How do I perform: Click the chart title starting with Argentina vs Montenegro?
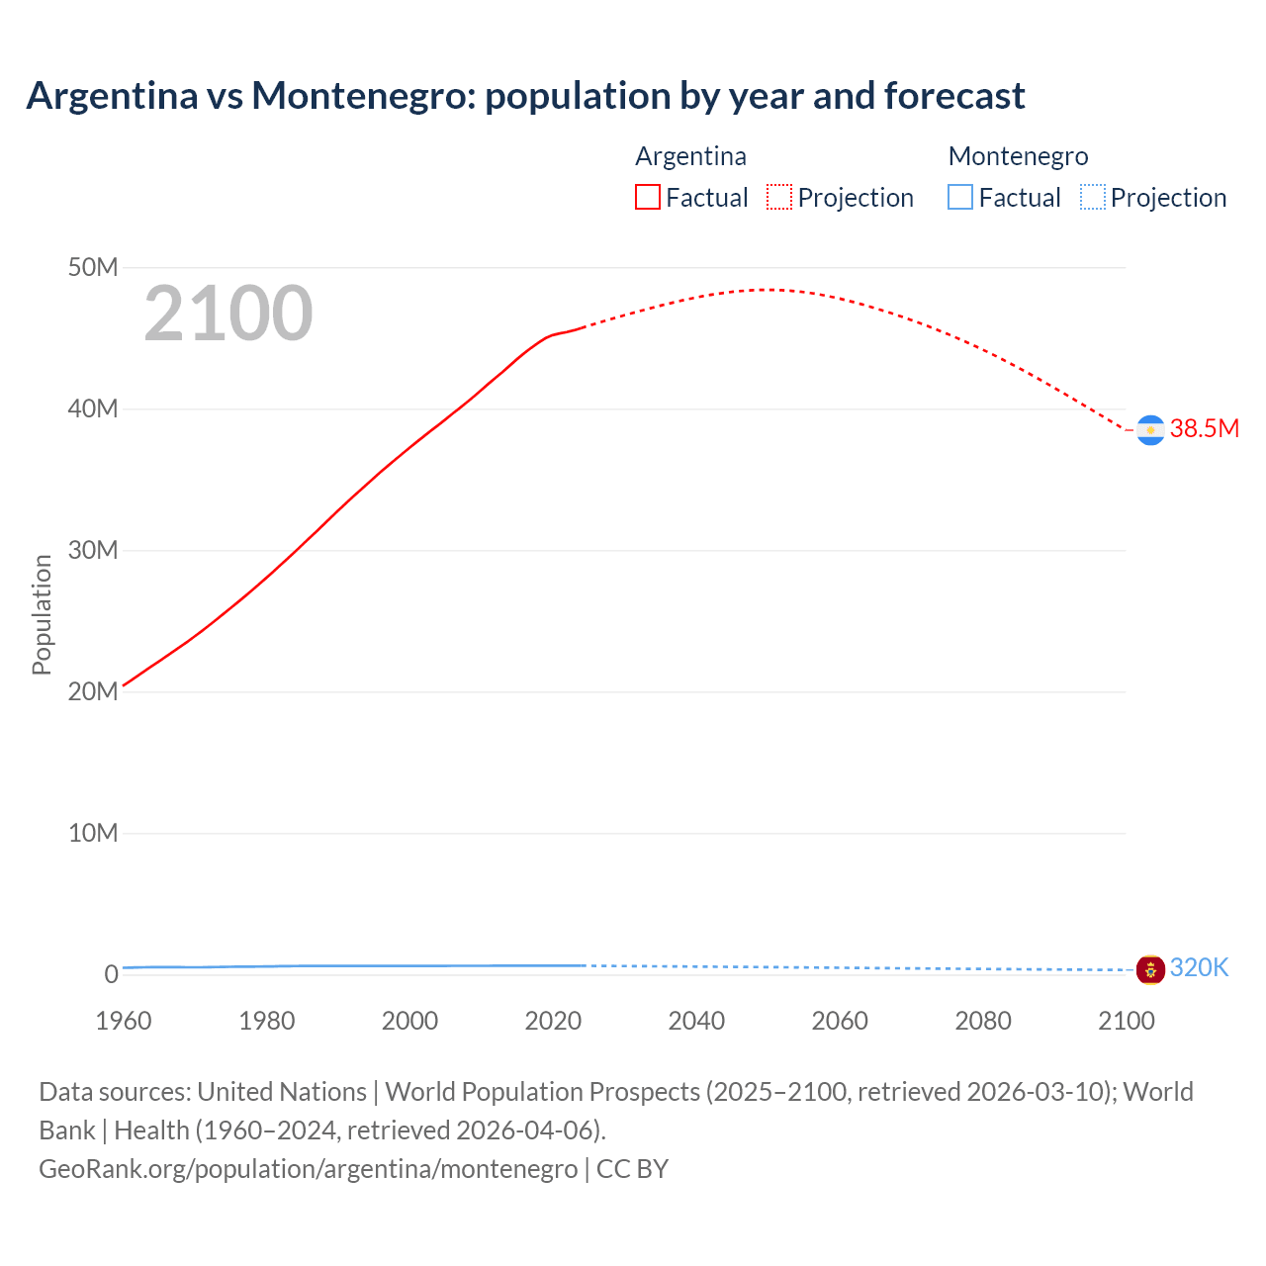[x=525, y=96]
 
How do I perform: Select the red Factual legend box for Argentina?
[x=647, y=198]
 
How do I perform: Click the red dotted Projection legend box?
[x=779, y=198]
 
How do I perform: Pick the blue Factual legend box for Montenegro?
[x=960, y=198]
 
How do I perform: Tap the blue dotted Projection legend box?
[x=1093, y=198]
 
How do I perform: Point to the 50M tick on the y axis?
[x=93, y=267]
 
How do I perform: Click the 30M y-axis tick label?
[x=93, y=550]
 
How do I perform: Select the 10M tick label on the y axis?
[x=93, y=833]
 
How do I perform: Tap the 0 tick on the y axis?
[x=111, y=974]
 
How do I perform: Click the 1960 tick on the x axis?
[x=124, y=1021]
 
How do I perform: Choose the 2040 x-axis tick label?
[x=696, y=1021]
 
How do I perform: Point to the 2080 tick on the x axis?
[x=983, y=1021]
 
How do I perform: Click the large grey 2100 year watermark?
[x=228, y=314]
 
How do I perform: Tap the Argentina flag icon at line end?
[x=1150, y=430]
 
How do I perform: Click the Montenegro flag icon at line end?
[x=1150, y=969]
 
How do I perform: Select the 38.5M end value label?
[x=1204, y=428]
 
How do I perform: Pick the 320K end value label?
[x=1199, y=967]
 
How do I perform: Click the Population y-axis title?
[x=42, y=614]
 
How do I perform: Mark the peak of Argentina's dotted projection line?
[x=769, y=290]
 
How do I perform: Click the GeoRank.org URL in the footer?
[x=308, y=1169]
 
